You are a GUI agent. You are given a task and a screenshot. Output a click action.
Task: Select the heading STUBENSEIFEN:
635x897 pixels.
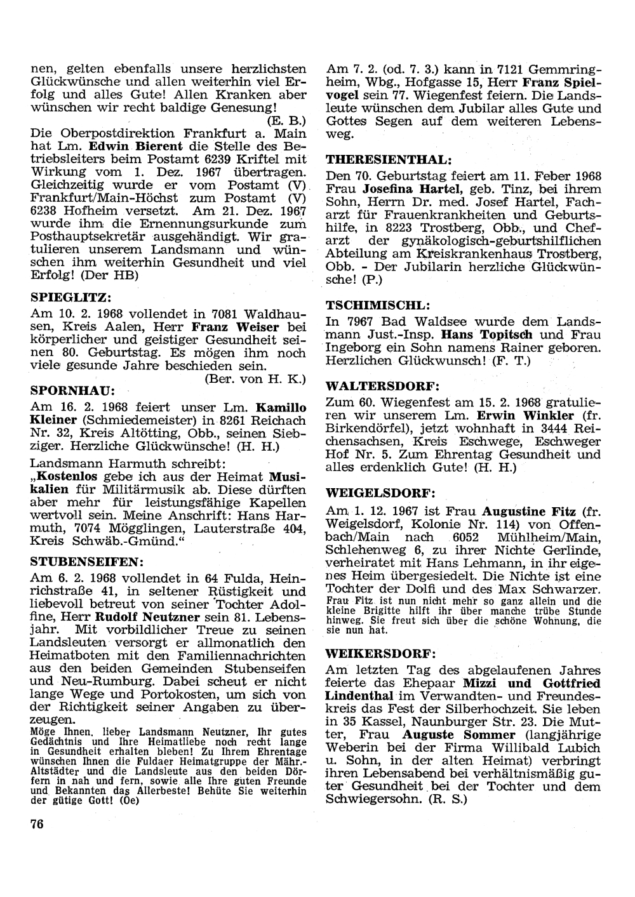[x=87, y=562]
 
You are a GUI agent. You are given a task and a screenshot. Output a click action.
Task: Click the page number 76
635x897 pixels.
[x=36, y=823]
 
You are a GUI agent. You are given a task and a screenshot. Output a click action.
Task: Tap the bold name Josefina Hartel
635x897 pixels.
[x=408, y=189]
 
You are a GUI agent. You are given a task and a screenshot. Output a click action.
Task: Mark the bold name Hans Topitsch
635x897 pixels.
[x=488, y=334]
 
